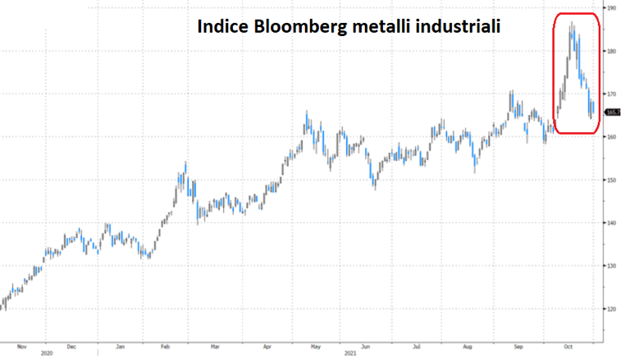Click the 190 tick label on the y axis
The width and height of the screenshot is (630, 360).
click(x=611, y=7)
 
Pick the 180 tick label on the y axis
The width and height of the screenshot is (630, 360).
click(x=611, y=51)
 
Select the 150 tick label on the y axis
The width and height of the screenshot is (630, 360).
click(x=611, y=180)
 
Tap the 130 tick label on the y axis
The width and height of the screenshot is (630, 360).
click(x=611, y=266)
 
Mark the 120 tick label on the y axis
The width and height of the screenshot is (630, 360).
click(x=611, y=309)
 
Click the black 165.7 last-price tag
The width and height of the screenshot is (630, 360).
click(x=612, y=112)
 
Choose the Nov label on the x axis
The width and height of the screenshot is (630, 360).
click(x=21, y=345)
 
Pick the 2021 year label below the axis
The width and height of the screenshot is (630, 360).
click(x=349, y=354)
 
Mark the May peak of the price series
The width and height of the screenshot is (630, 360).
click(x=307, y=112)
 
